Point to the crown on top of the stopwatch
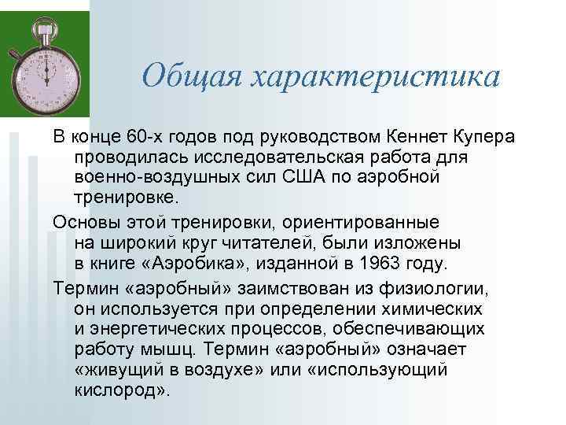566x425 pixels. tap(46, 18)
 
